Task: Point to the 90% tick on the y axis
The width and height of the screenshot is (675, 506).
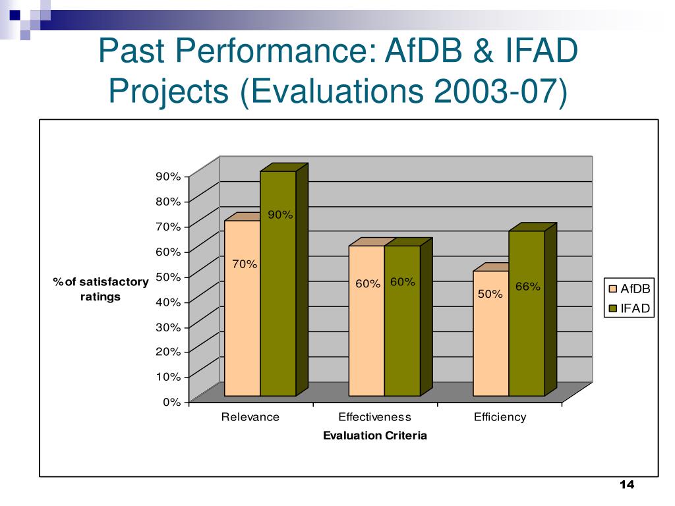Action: [x=168, y=177]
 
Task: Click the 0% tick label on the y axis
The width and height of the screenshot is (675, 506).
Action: [x=171, y=402]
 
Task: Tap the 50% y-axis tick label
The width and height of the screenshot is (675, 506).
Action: [x=168, y=277]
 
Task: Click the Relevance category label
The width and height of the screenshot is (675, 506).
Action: [x=250, y=417]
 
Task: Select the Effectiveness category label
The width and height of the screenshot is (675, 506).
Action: [x=374, y=417]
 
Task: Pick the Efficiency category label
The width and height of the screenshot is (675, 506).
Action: [x=500, y=417]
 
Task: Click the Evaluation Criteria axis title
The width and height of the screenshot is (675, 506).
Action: [x=374, y=436]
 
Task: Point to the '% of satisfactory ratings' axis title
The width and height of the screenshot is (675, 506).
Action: [x=101, y=289]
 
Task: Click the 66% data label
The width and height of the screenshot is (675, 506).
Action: [x=528, y=287]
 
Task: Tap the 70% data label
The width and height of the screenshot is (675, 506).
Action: [x=245, y=264]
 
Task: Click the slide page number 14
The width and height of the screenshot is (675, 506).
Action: [x=626, y=486]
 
